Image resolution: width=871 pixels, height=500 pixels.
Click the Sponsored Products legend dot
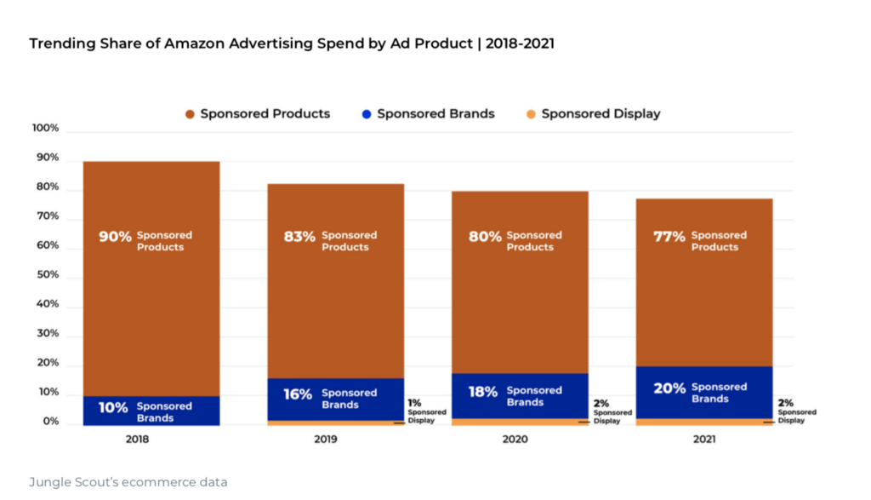coord(191,114)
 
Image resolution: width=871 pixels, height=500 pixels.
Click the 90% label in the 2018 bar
coord(115,237)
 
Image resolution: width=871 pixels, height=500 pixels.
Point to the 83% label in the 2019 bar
coord(299,237)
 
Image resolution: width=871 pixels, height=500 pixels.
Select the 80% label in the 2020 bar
coord(485,237)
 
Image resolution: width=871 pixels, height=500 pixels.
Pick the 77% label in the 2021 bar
coord(669,237)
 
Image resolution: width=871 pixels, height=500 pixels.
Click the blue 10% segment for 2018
coord(151,411)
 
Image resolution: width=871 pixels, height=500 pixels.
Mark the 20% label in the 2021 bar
coord(669,388)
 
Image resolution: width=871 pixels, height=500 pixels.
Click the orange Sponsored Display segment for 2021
coord(704,422)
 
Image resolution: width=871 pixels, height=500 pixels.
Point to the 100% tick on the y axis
coord(45,129)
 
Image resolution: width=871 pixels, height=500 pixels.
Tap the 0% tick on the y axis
coord(51,422)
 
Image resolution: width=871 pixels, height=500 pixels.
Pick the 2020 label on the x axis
coord(515,440)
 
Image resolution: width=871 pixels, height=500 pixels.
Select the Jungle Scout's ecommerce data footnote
coord(128,482)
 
